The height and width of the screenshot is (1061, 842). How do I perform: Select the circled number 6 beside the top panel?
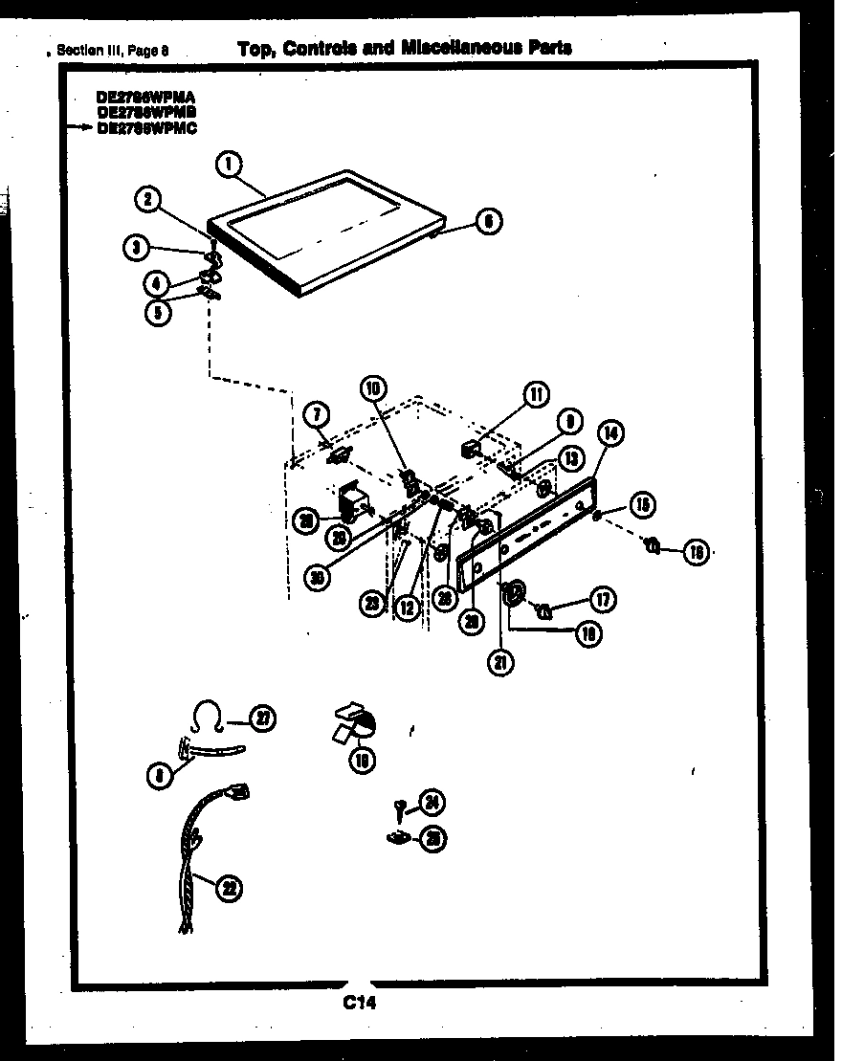(488, 222)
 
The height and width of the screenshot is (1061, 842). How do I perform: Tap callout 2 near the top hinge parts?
(146, 200)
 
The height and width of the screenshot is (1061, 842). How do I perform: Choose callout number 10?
(373, 387)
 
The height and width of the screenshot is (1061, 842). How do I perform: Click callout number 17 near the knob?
(602, 600)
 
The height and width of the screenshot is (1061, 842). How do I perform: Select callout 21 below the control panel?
(499, 661)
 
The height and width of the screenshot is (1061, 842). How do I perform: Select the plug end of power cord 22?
(240, 792)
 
